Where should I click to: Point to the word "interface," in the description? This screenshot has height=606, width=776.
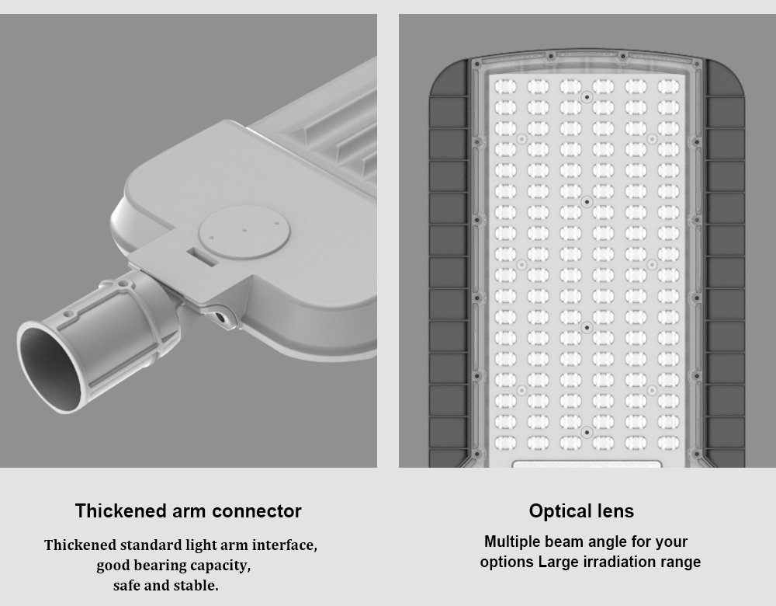pos(285,545)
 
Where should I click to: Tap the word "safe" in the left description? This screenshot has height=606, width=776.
pos(124,585)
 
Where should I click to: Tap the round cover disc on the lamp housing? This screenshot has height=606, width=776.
pos(244,232)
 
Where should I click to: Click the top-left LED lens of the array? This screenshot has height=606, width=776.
pos(505,87)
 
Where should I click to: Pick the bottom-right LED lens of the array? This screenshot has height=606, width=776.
pos(668,443)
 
